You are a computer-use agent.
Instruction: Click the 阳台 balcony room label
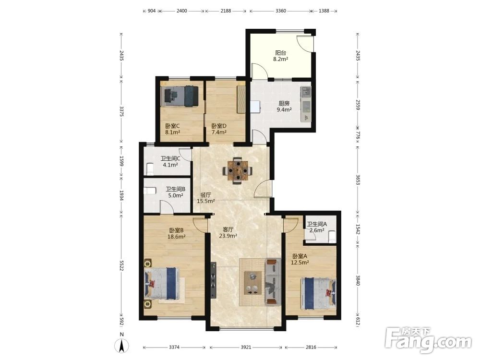tap(280, 53)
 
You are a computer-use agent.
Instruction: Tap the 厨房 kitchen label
tap(284, 104)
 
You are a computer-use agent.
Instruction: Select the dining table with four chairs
tap(238, 171)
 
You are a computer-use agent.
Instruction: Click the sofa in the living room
tap(273, 282)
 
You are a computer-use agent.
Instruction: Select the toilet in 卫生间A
tap(332, 236)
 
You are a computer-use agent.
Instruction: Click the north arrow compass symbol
tap(121, 344)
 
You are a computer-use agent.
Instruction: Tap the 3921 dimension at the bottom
tap(246, 347)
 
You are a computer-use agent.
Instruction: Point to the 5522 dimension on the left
tap(121, 265)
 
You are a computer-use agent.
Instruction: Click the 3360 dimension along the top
tap(281, 11)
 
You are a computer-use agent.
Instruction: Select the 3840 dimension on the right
tap(358, 280)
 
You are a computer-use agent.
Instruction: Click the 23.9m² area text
tap(228, 236)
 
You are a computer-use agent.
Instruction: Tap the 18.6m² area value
tap(176, 236)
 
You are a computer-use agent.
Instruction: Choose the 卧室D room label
tap(219, 126)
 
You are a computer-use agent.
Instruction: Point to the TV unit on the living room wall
tap(214, 280)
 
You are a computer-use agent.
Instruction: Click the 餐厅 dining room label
tap(206, 195)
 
